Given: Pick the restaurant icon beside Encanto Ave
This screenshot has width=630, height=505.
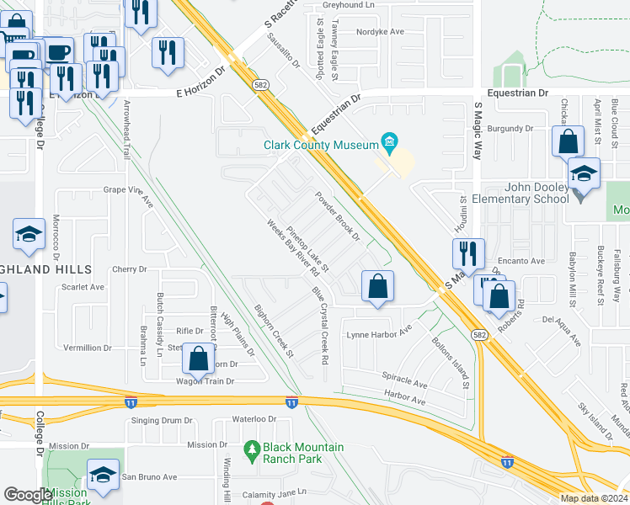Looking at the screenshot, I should click(x=467, y=252).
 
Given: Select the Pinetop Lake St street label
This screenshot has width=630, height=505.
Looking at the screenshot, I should click(x=307, y=248).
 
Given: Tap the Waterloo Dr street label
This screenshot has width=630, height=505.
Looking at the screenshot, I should click(x=254, y=418).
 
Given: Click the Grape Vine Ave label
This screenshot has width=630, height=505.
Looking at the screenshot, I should click(x=129, y=195).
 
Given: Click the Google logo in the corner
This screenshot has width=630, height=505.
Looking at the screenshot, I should click(x=27, y=495).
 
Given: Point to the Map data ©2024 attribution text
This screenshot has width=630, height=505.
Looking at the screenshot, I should click(x=594, y=498).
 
